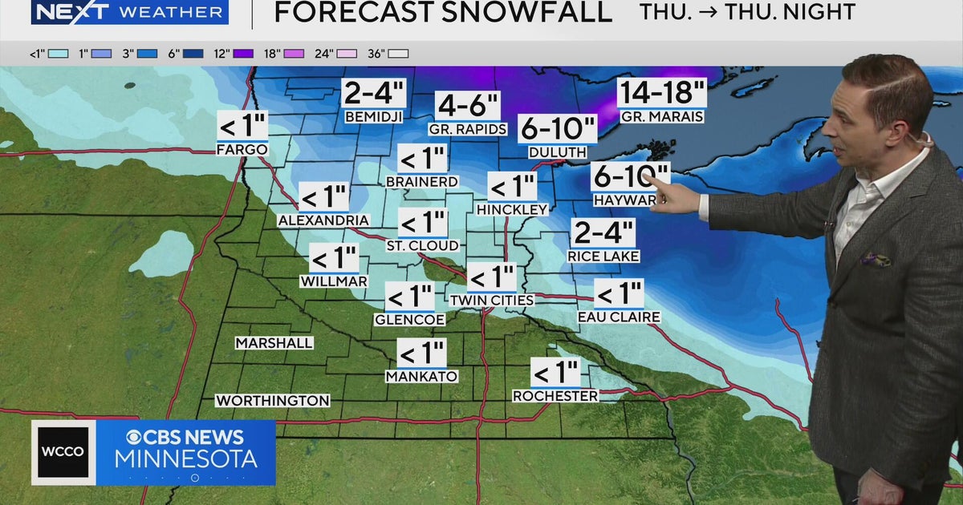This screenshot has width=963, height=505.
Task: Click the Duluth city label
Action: pyautogui.click(x=557, y=151)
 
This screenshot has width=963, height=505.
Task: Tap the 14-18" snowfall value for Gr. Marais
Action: pyautogui.click(x=661, y=93)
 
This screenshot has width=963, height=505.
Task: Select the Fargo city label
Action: pyautogui.click(x=242, y=149)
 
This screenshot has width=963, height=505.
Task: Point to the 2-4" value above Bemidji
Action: pyautogui.click(x=373, y=94)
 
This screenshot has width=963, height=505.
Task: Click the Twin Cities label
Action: pyautogui.click(x=491, y=300)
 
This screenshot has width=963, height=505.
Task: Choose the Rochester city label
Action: pyautogui.click(x=555, y=396)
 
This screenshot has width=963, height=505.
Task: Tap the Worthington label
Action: pyautogui.click(x=273, y=400)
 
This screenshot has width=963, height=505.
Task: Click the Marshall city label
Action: pyautogui.click(x=274, y=343)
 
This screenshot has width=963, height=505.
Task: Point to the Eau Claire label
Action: pyautogui.click(x=619, y=317)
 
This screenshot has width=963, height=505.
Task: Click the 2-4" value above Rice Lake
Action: pyautogui.click(x=603, y=233)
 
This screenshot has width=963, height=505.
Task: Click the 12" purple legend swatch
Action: pyautogui.click(x=243, y=54)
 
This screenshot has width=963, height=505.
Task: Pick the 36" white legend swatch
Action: pyautogui.click(x=399, y=54)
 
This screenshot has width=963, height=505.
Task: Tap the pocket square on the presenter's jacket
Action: pyautogui.click(x=876, y=259)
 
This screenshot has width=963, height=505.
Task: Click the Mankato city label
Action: pyautogui.click(x=421, y=376)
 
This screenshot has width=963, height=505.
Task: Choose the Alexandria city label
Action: pyautogui.click(x=323, y=220)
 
